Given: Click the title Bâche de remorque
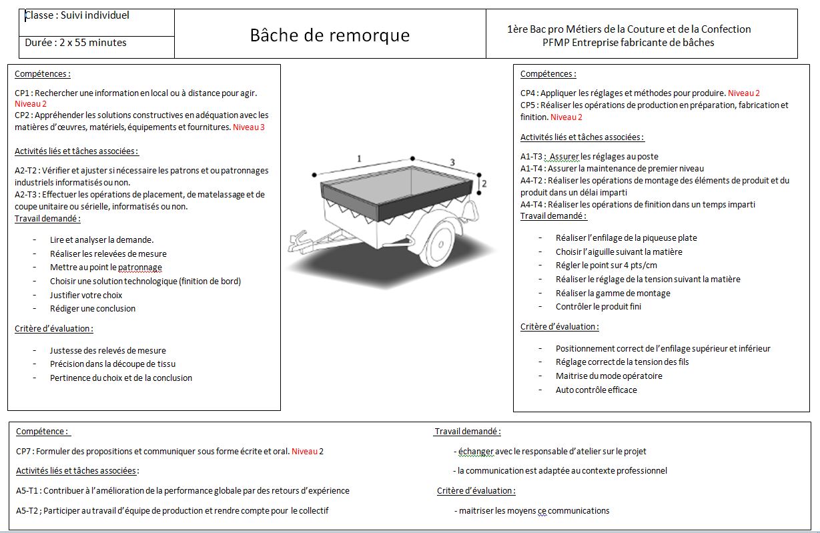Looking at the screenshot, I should coord(330,35).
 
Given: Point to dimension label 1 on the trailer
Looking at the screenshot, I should coord(359,159).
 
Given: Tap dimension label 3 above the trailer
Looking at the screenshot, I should coord(452,162).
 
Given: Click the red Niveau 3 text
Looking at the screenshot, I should coord(248,127).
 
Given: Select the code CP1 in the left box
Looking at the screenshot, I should coord(23,93).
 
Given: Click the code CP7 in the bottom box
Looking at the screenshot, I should coord(24,451).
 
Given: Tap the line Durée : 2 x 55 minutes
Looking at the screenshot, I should coord(75,43).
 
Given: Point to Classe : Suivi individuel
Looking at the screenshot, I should coord(77,15).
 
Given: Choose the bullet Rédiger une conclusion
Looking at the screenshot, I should coord(92,308).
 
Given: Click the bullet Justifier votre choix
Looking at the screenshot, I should coord(86,295).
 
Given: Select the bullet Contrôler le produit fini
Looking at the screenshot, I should coord(598,306).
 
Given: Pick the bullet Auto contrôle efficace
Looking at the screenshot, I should coord(596,390).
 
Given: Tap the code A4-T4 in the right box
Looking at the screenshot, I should coord(532,204).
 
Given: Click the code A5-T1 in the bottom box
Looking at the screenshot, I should coord(28,490).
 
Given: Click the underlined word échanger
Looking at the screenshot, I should coord(476,452).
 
